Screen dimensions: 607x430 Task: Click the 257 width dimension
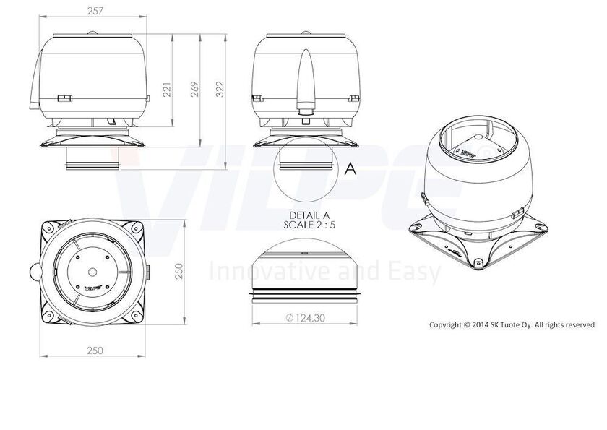(x=95, y=12)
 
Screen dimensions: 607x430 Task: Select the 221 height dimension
(x=167, y=90)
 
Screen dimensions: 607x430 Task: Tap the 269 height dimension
(x=194, y=89)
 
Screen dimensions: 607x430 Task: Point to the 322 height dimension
(x=220, y=89)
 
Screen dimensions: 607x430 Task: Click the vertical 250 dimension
(x=179, y=271)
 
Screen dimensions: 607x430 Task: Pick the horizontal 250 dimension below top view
(x=95, y=351)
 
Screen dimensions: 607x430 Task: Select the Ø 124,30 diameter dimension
(x=305, y=318)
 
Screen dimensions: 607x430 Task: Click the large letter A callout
(x=350, y=169)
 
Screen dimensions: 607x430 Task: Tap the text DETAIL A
(x=309, y=215)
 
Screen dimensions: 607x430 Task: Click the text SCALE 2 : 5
(x=309, y=225)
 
